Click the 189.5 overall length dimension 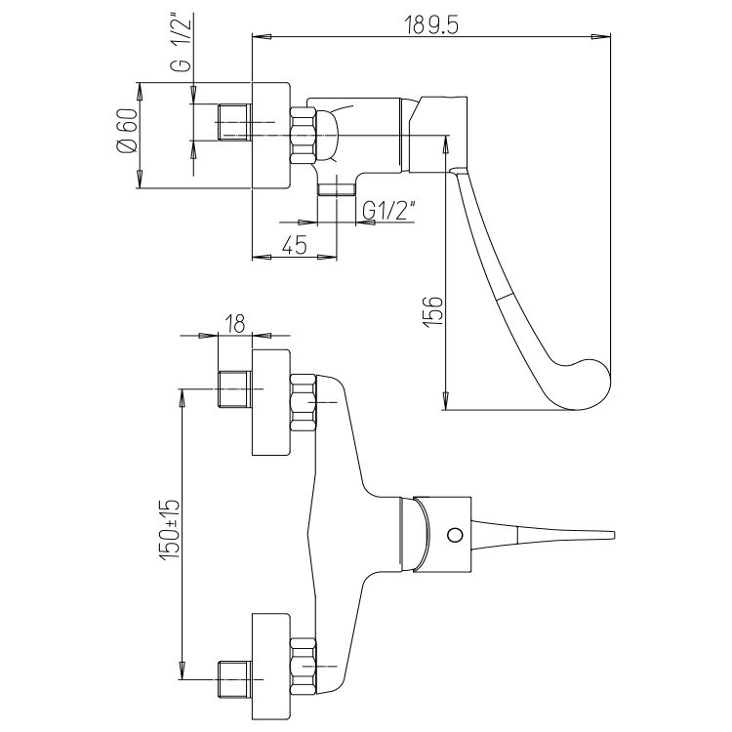(430, 24)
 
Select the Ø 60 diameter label (127, 131)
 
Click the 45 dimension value (295, 244)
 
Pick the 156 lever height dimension (433, 311)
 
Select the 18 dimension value (235, 323)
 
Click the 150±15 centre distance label (169, 529)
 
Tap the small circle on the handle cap (454, 535)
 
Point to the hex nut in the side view (304, 136)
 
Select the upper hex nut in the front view (304, 402)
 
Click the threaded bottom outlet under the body (336, 189)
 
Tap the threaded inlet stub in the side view (235, 122)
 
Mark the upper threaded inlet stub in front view (235, 388)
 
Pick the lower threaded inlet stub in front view (235, 679)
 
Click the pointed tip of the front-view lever (613, 535)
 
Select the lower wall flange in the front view (270, 667)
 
